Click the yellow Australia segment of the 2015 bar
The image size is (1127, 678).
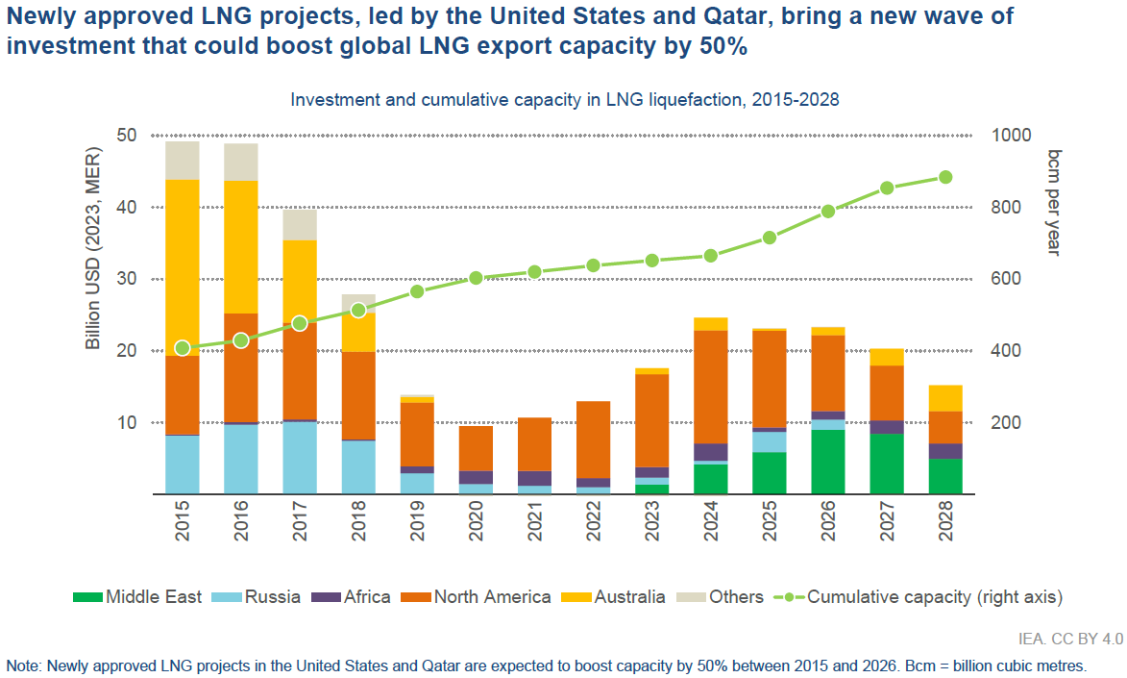(183, 267)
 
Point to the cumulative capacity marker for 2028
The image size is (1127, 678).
(945, 177)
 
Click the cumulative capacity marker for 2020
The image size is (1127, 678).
(476, 278)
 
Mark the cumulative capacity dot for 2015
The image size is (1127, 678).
(183, 348)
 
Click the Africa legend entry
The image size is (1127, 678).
(352, 597)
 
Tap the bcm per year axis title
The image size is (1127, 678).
(1053, 202)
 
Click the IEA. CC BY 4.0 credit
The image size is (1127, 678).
(1070, 638)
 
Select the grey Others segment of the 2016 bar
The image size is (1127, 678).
(241, 162)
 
